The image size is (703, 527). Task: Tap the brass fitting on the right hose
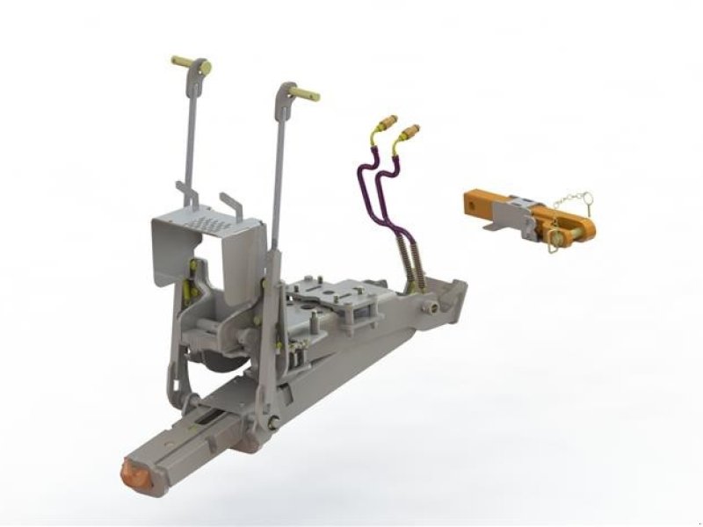pos(409,135)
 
